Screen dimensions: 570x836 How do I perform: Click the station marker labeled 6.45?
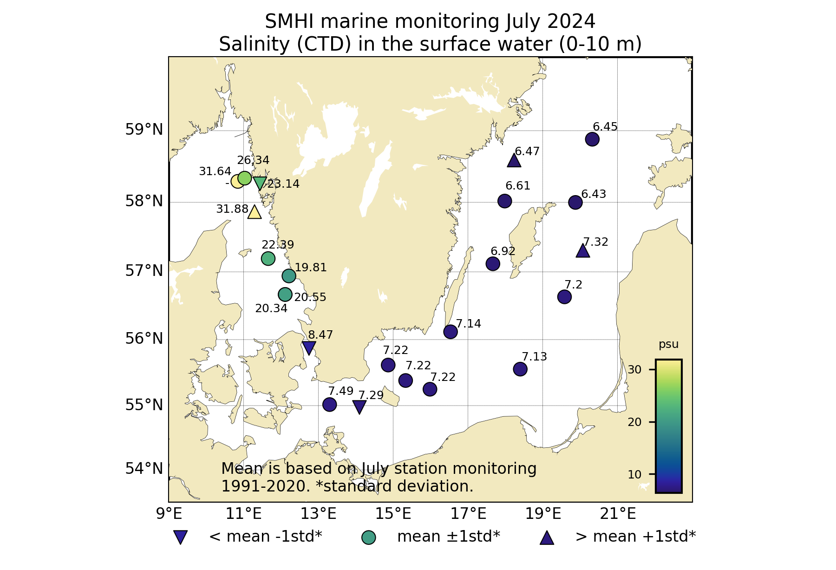592,139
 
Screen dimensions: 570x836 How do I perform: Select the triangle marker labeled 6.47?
514,161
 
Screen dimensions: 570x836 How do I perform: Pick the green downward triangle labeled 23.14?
260,183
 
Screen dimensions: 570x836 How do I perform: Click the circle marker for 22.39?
268,258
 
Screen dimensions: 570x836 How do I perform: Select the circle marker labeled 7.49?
329,404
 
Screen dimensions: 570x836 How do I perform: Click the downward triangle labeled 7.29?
359,407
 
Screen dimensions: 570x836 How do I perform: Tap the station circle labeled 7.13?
520,369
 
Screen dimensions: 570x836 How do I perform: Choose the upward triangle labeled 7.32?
583,251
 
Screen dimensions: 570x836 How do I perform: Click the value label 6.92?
503,251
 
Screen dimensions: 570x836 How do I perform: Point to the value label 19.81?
311,268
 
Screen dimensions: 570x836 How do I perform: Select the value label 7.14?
468,324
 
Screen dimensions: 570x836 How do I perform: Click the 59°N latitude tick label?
144,130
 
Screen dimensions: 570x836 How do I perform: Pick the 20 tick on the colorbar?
634,422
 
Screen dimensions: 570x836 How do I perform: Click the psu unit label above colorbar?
669,345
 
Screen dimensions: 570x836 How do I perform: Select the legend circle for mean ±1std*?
368,537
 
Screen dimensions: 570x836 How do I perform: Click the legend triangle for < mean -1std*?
180,537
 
